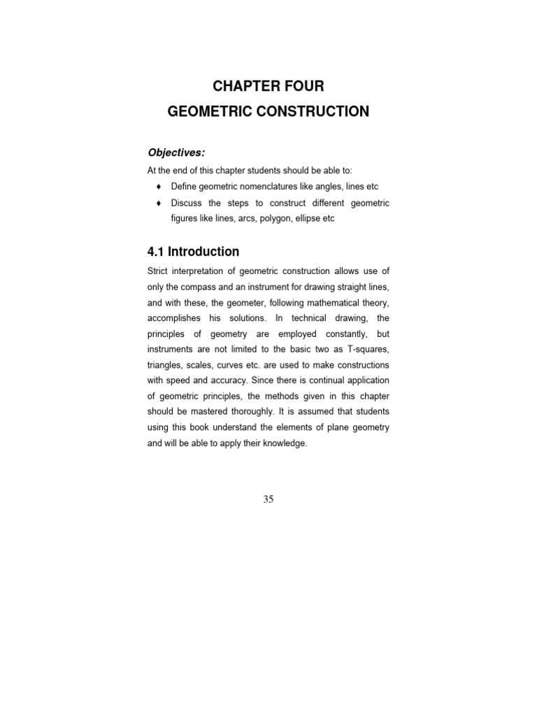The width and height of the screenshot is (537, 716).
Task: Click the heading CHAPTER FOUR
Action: pos(268,87)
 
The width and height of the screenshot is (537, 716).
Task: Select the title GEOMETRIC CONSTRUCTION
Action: pos(268,111)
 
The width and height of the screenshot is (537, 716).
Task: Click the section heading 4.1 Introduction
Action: pos(193,252)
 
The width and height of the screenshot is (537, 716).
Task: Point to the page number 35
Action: pos(269,499)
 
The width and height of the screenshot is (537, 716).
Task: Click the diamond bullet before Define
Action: pos(159,187)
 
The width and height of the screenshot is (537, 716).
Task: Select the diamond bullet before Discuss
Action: pos(159,203)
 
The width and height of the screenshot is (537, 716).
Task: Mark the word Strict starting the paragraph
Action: pos(158,271)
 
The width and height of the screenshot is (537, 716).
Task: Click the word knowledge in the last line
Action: pos(283,444)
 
